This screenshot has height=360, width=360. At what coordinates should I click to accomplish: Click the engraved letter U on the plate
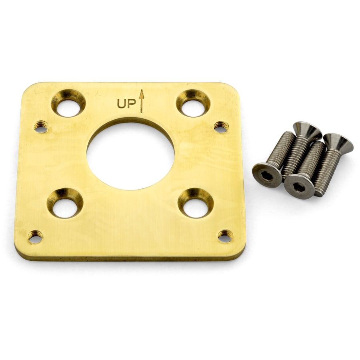122,103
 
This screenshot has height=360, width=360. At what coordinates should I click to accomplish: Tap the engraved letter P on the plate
132,103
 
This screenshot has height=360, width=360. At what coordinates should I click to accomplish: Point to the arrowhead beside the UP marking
142,94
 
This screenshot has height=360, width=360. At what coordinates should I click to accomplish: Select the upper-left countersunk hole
68,103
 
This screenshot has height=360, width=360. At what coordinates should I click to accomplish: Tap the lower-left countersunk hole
65,203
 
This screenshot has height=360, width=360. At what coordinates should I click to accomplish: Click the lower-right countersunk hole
196,203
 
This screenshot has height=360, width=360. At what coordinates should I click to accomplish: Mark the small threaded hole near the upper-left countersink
41,127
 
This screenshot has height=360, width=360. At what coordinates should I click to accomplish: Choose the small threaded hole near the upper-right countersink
221,127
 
